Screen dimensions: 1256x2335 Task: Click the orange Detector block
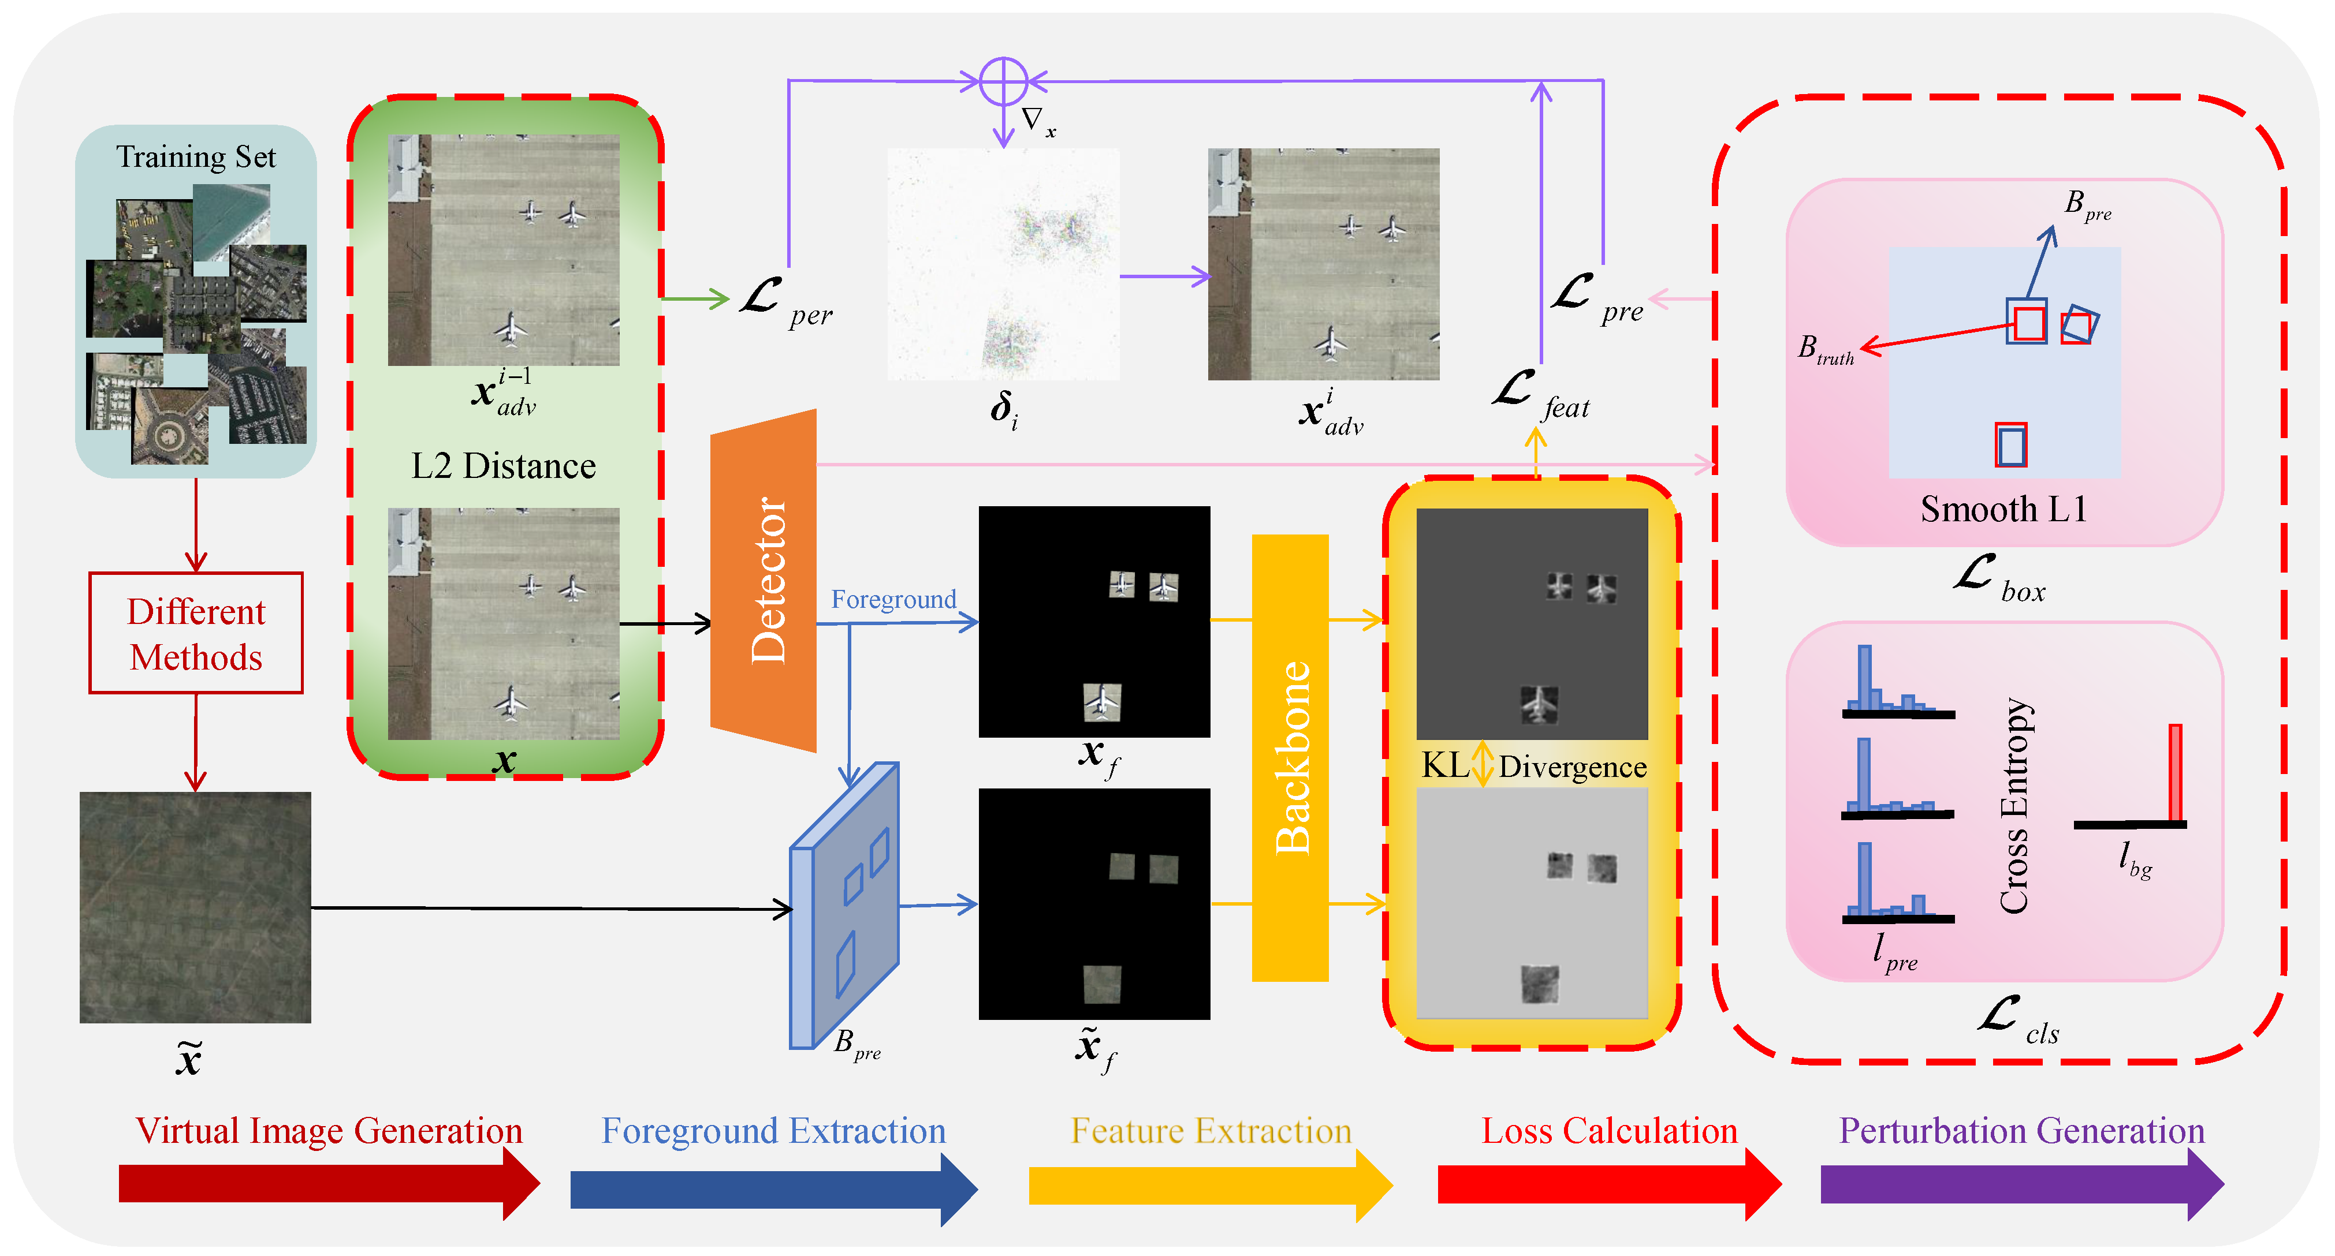pyautogui.click(x=764, y=580)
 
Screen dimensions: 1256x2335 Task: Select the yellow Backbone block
pyautogui.click(x=1290, y=758)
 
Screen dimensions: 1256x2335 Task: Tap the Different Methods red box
pyautogui.click(x=196, y=633)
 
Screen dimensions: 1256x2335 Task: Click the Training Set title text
pyautogui.click(x=196, y=157)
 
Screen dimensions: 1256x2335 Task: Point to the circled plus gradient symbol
pyautogui.click(x=1003, y=81)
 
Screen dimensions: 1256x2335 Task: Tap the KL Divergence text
pyautogui.click(x=1534, y=767)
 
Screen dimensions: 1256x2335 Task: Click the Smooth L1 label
pyautogui.click(x=2003, y=509)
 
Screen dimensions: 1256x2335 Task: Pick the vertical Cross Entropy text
pyautogui.click(x=2014, y=805)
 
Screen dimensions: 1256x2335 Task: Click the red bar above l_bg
pyautogui.click(x=2174, y=772)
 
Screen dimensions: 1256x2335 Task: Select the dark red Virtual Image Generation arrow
pyautogui.click(x=326, y=1183)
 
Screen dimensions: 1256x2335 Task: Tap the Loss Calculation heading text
pyautogui.click(x=1609, y=1131)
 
